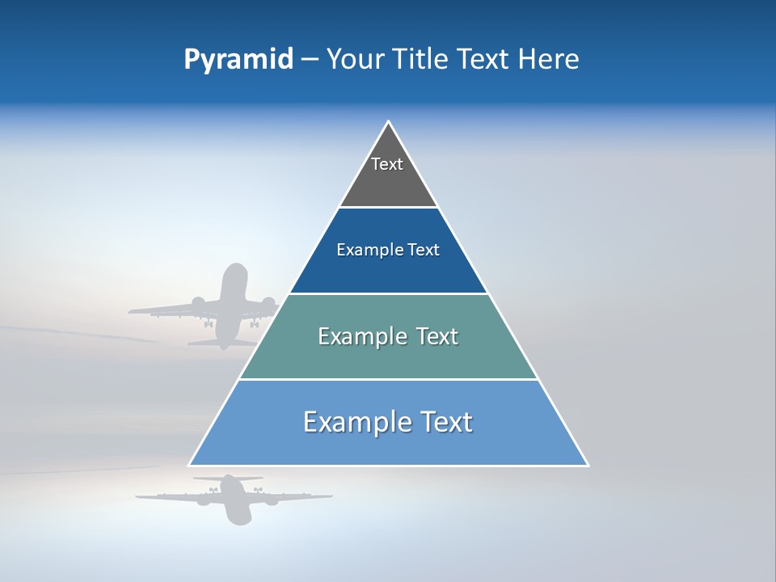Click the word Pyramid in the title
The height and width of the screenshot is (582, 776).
click(x=238, y=60)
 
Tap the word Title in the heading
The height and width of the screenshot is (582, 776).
click(x=426, y=60)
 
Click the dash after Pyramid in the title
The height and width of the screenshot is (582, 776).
click(x=310, y=61)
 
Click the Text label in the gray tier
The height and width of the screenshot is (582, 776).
click(x=387, y=164)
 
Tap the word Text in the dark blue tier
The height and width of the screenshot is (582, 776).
click(x=424, y=251)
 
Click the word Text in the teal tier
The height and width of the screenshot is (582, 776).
click(x=437, y=336)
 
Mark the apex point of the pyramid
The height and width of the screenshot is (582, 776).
click(x=389, y=122)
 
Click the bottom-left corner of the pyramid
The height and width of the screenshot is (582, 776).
click(x=189, y=466)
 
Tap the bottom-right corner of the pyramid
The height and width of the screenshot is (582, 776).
click(x=588, y=466)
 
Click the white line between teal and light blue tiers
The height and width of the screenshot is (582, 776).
click(x=388, y=379)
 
